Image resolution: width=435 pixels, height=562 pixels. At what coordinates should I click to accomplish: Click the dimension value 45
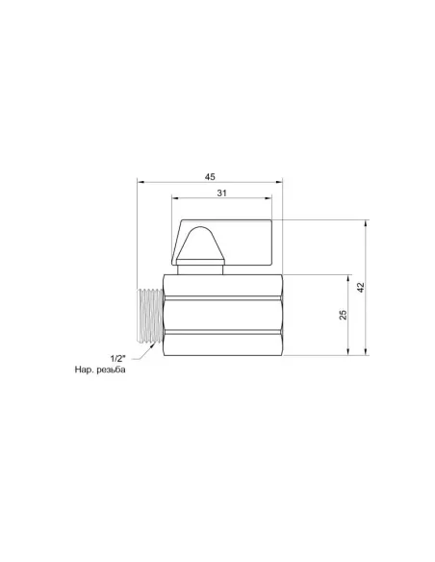208,176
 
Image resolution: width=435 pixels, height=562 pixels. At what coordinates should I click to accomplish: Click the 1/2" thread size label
118,358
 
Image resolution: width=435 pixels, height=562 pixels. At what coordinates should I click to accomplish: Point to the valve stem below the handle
201,269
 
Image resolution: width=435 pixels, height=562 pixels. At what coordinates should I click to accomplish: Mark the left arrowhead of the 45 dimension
141,182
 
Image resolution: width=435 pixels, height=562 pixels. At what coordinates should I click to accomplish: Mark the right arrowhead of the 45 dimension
275,182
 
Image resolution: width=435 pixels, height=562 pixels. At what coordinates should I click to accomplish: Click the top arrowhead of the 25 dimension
349,277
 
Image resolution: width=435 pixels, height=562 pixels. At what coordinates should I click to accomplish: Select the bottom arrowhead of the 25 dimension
349,352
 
